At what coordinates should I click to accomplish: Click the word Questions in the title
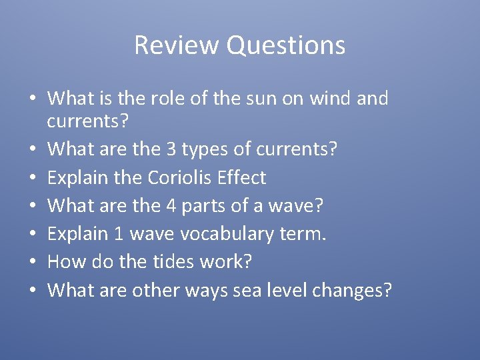point(285,45)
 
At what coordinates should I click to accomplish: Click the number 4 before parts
point(171,205)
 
